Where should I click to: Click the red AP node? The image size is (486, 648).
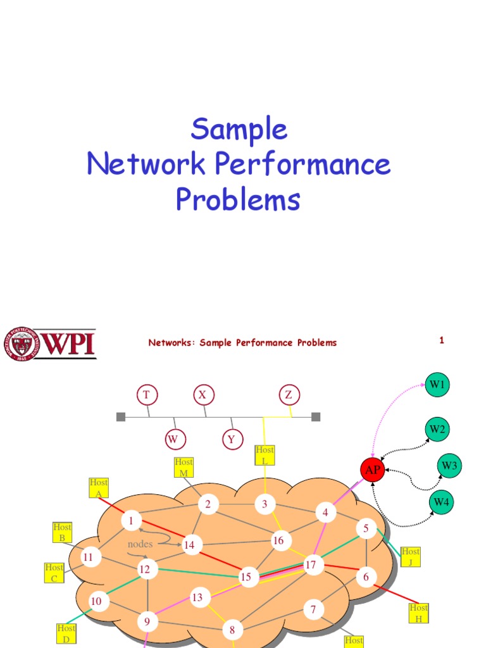pyautogui.click(x=373, y=470)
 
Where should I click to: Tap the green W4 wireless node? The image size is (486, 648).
pyautogui.click(x=440, y=503)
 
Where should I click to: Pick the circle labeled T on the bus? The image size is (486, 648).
pyautogui.click(x=146, y=396)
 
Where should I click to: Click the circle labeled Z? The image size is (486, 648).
pyautogui.click(x=289, y=396)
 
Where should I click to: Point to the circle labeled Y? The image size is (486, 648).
pyautogui.click(x=232, y=439)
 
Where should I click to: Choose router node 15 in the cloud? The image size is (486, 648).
pyautogui.click(x=246, y=576)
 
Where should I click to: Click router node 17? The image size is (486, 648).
pyautogui.click(x=311, y=564)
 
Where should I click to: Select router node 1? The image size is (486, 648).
pyautogui.click(x=131, y=521)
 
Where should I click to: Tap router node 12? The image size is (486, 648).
pyautogui.click(x=145, y=570)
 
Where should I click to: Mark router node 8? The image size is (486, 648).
pyautogui.click(x=232, y=630)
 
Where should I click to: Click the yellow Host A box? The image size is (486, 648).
pyautogui.click(x=99, y=488)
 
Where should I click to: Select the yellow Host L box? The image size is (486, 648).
pyautogui.click(x=265, y=455)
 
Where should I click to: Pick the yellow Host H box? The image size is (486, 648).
pyautogui.click(x=418, y=613)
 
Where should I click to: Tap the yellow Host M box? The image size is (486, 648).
pyautogui.click(x=184, y=467)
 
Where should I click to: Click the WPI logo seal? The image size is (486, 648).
pyautogui.click(x=22, y=344)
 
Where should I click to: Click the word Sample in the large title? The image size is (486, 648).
pyautogui.click(x=239, y=129)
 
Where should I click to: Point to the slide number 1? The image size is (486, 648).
pyautogui.click(x=442, y=340)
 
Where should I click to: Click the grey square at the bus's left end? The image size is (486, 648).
pyautogui.click(x=121, y=416)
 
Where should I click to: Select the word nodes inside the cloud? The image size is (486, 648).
pyautogui.click(x=140, y=544)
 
